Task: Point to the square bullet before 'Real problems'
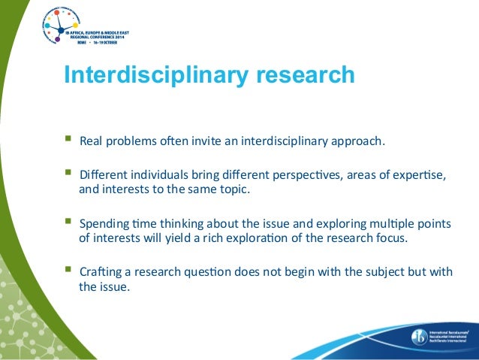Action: (68, 139)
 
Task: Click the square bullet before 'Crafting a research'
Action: (68, 270)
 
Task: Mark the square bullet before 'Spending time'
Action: (68, 222)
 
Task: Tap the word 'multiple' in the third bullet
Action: (386, 223)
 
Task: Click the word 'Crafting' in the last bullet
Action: (101, 271)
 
